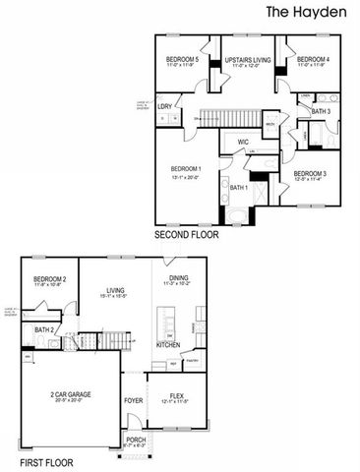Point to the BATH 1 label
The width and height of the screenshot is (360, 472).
point(240,187)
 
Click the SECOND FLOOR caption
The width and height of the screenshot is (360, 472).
point(186,236)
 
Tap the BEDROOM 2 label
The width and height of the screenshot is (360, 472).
point(49,280)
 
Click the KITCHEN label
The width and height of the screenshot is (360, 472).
point(168,345)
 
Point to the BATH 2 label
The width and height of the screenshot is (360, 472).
point(43,330)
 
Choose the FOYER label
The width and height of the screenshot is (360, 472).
point(134,400)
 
